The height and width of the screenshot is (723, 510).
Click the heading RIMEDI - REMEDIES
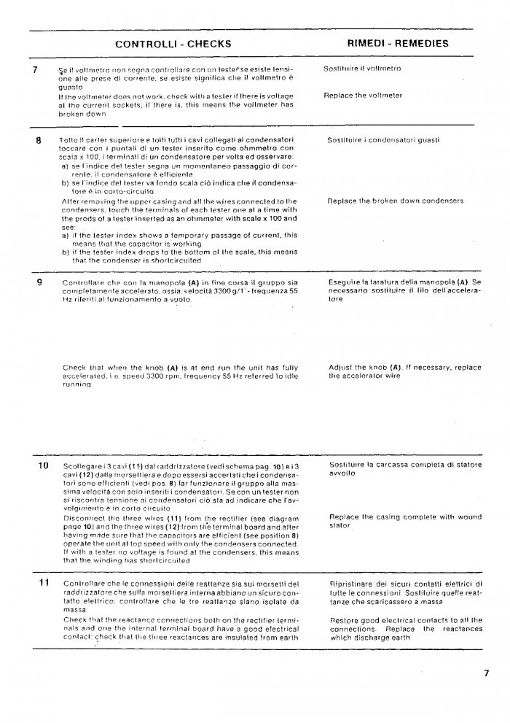point(397,44)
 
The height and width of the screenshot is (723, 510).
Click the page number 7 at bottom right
point(485,673)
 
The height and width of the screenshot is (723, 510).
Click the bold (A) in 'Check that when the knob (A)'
point(173,368)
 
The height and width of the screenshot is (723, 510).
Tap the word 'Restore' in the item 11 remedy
point(344,620)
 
